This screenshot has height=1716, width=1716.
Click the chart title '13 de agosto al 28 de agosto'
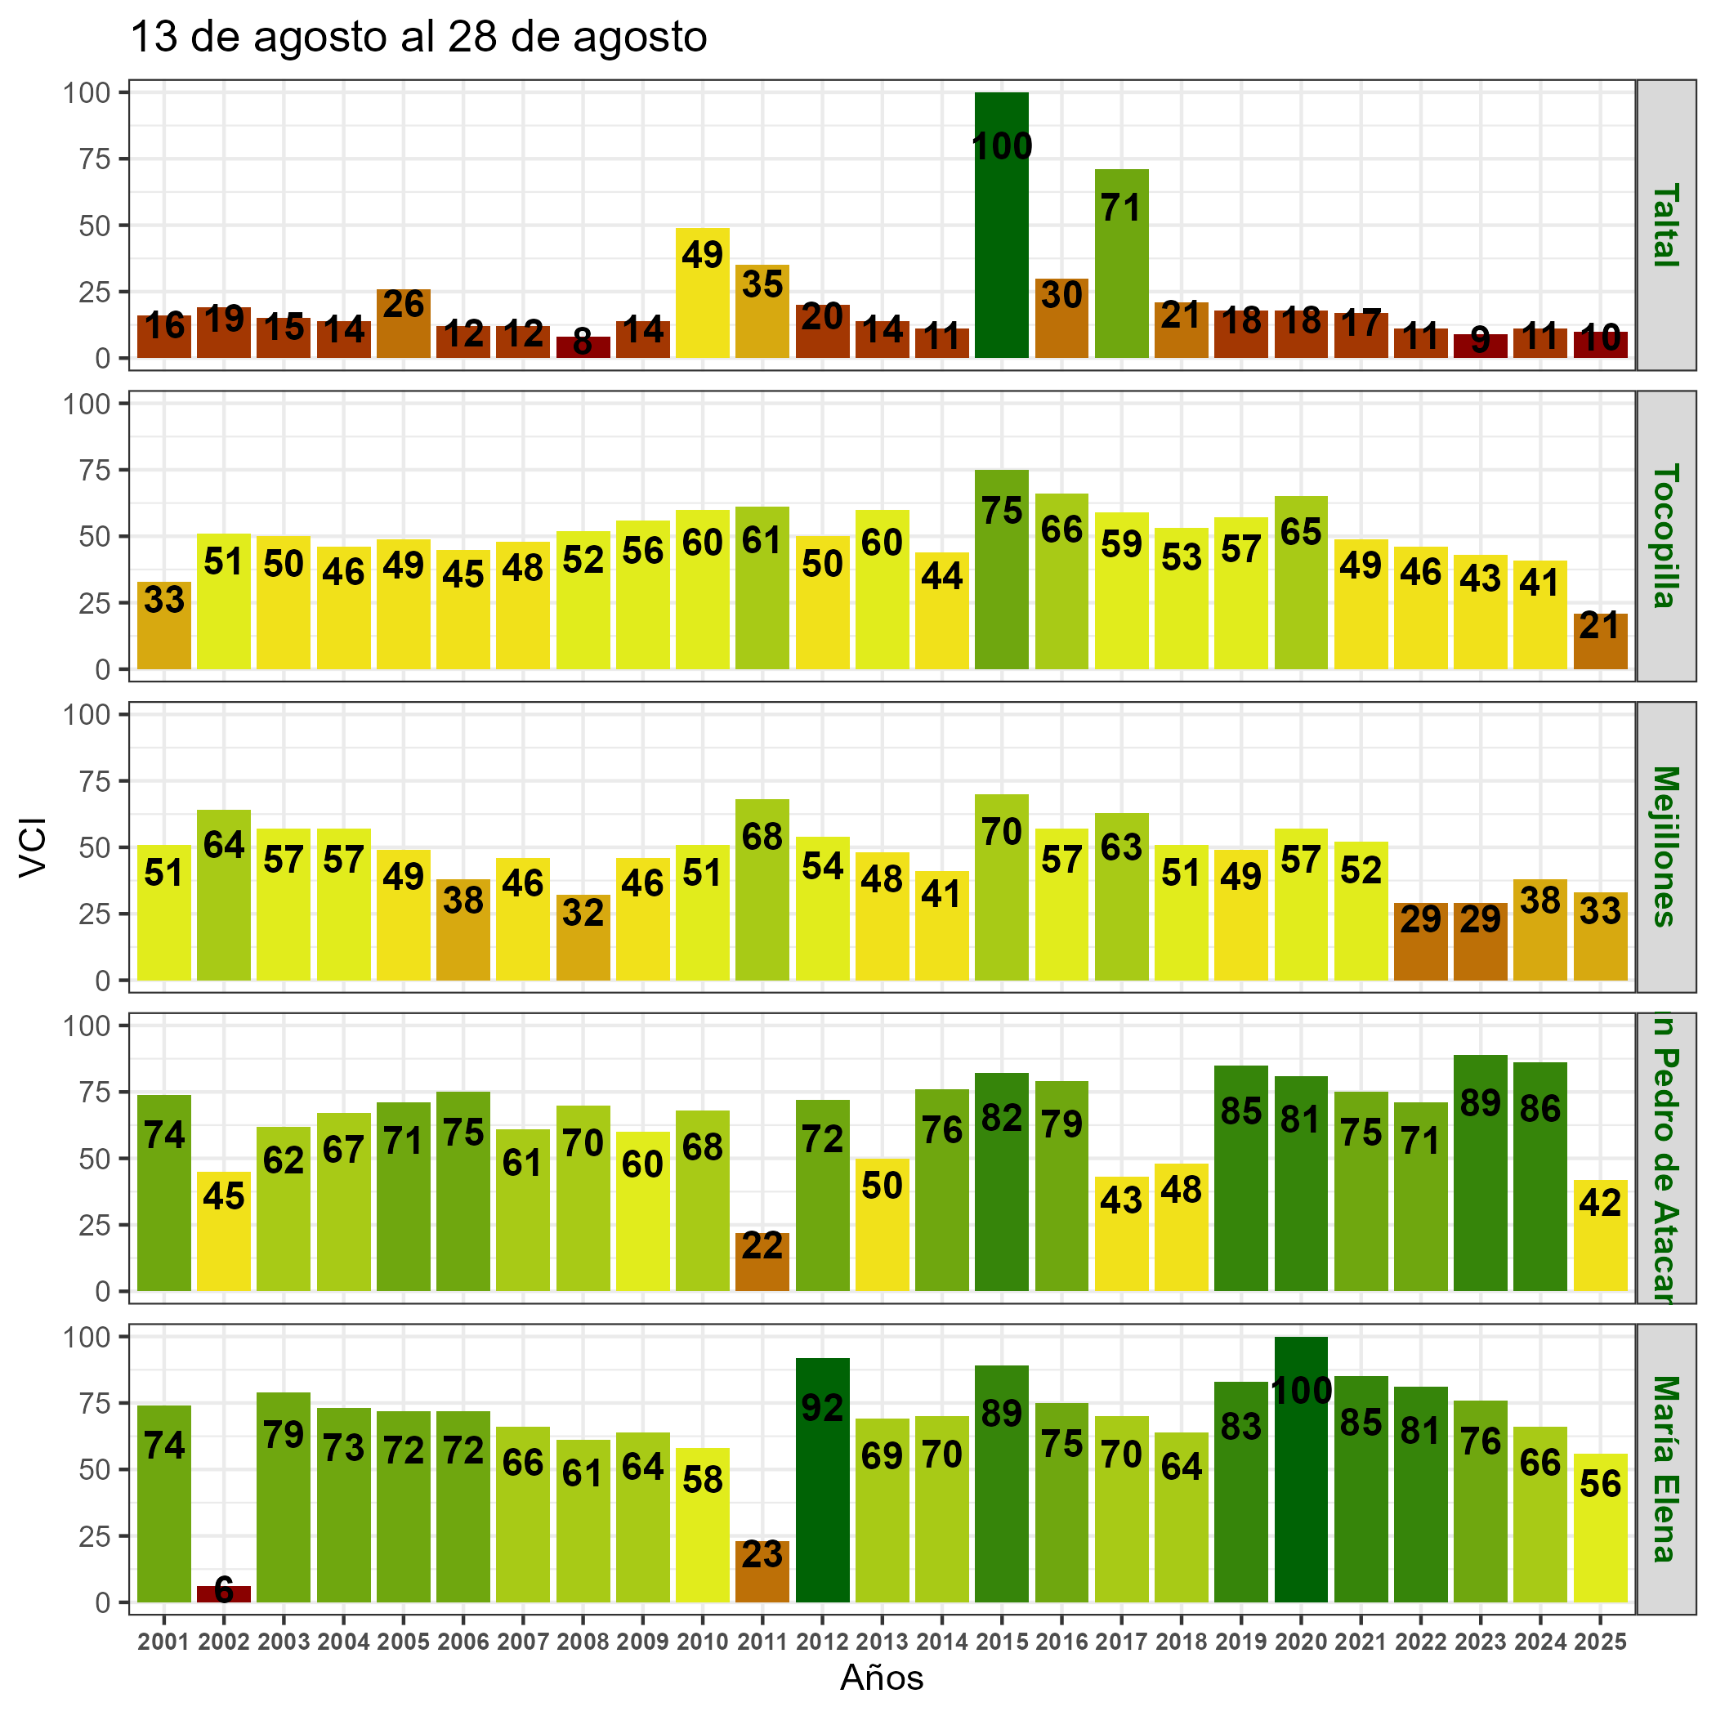click(x=418, y=38)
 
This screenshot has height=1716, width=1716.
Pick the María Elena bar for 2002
click(x=224, y=1594)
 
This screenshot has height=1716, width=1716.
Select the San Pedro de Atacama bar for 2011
click(x=762, y=1261)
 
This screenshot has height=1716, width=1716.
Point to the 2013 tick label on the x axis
click(x=882, y=1642)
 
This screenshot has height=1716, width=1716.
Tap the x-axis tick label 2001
click(x=164, y=1642)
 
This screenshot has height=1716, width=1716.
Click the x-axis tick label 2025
click(x=1601, y=1642)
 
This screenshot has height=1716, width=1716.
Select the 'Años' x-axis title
click(x=882, y=1678)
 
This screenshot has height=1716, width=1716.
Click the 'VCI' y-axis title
click(x=33, y=847)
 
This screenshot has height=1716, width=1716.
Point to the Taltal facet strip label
click(x=1665, y=225)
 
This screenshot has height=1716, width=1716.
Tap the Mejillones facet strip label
click(x=1665, y=847)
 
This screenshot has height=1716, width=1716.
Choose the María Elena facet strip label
click(x=1665, y=1469)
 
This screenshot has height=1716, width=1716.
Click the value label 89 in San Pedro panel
click(x=1481, y=1102)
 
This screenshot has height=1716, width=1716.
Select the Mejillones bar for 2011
click(x=762, y=889)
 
